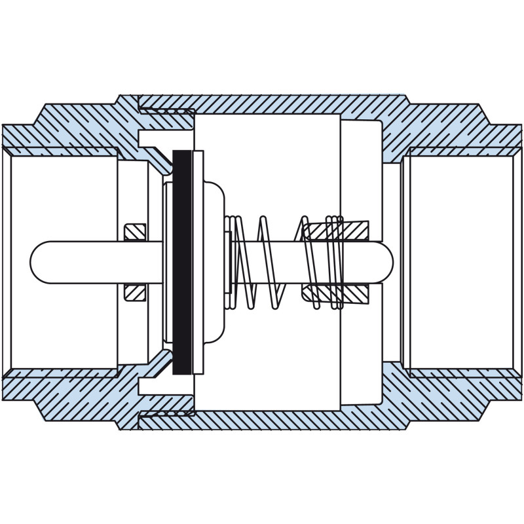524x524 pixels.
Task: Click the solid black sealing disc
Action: [x=182, y=262]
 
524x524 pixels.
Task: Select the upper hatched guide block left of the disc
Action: [x=135, y=232]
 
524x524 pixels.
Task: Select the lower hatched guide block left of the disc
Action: [x=135, y=292]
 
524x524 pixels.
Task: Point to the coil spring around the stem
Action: [x=269, y=262]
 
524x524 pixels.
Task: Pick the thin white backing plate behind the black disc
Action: [x=198, y=262]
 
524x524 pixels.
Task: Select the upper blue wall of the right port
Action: [x=458, y=134]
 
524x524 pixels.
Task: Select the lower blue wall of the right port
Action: [x=458, y=390]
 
